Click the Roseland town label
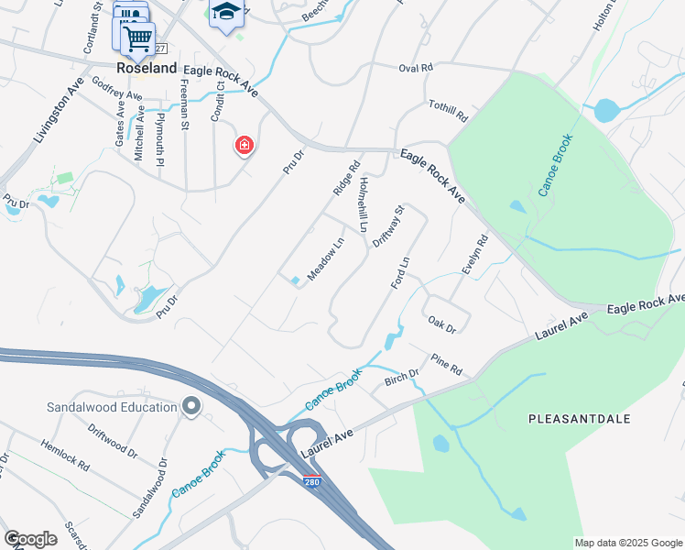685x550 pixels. click(146, 68)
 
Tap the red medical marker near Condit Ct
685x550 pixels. click(244, 145)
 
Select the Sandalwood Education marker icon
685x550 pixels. click(191, 405)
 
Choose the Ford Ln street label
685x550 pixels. click(399, 272)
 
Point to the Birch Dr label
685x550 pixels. click(401, 376)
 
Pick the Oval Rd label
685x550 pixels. click(415, 68)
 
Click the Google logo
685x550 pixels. click(29, 539)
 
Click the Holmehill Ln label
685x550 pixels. click(363, 203)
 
